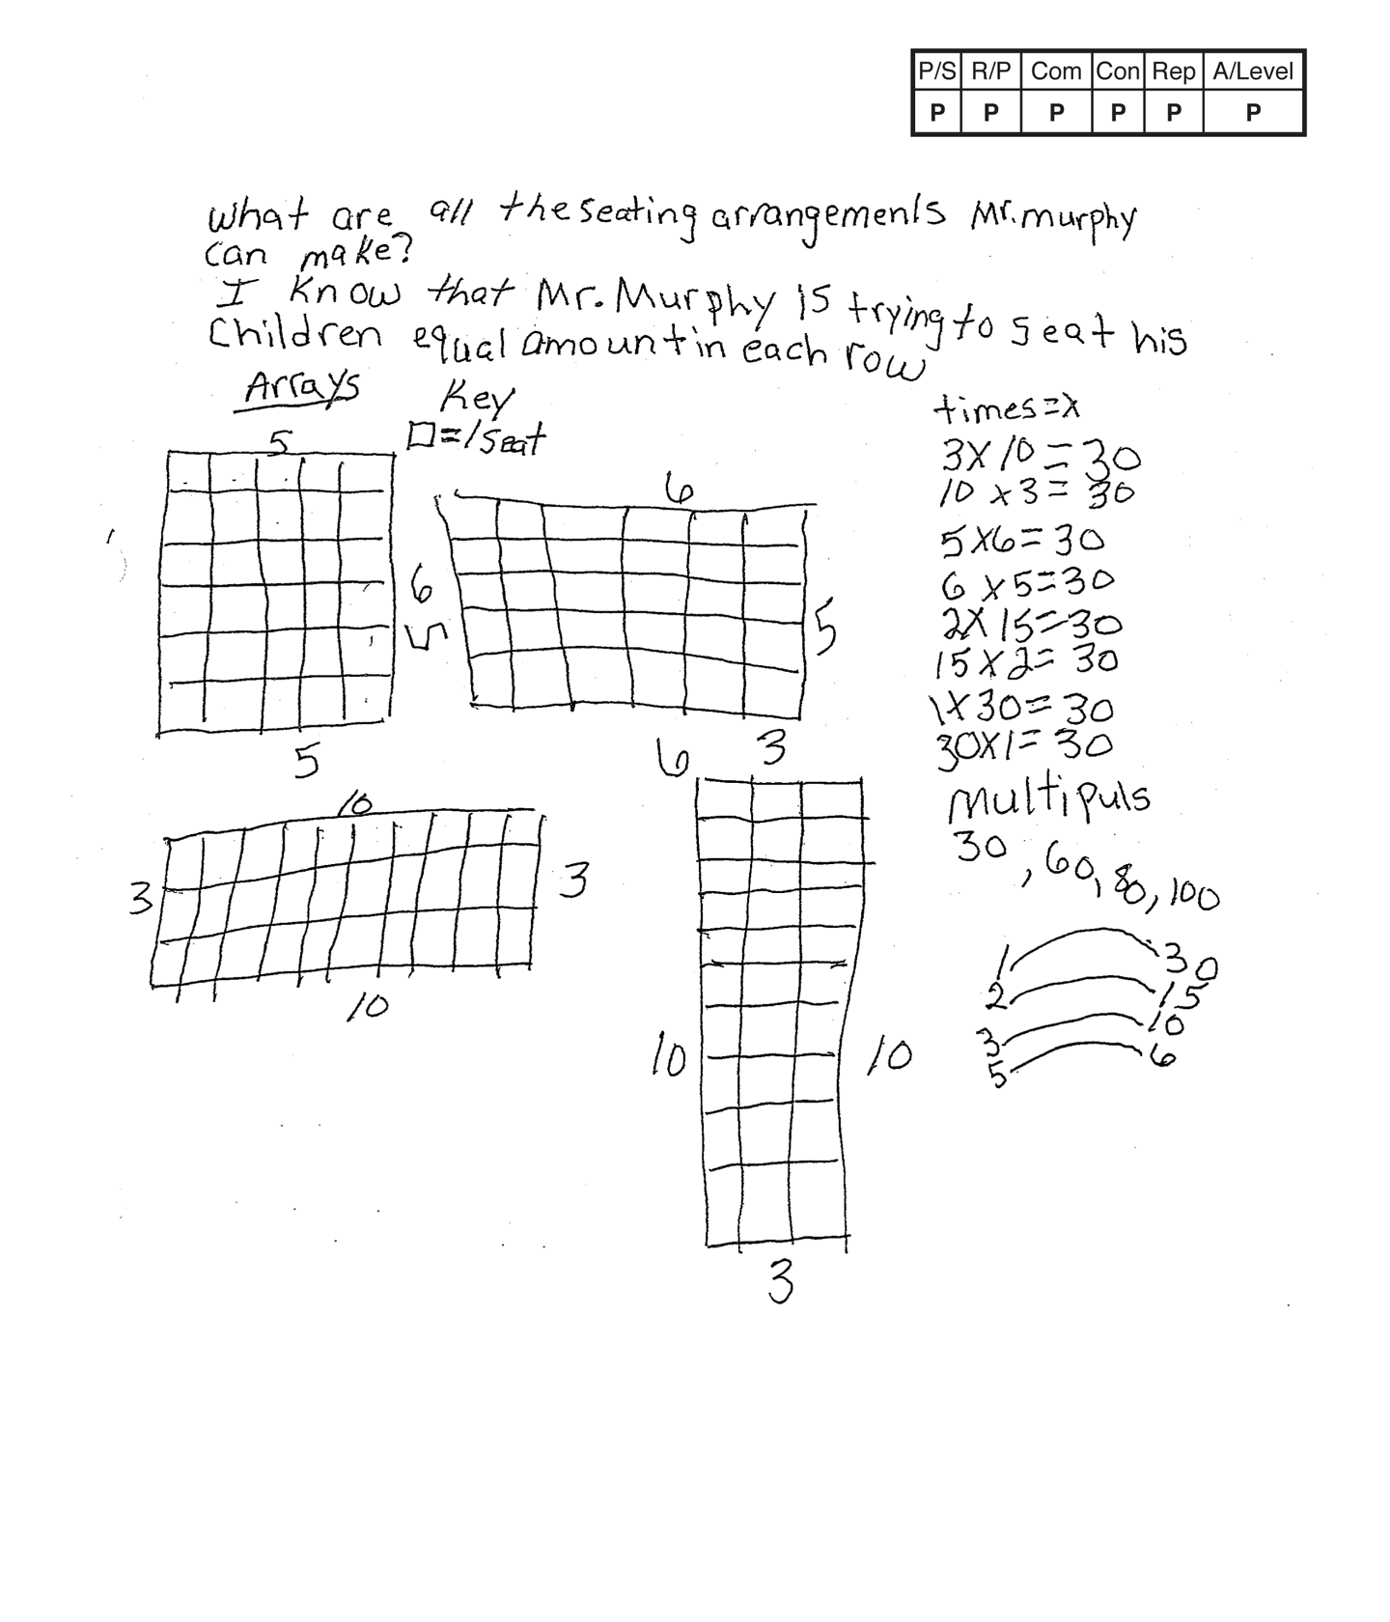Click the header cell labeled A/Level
1253,71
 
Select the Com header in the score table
1055,71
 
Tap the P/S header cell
936,71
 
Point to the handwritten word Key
477,397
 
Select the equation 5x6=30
1021,541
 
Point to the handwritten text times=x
1006,409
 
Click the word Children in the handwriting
294,335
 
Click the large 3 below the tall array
780,1283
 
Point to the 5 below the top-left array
306,763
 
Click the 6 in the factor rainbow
1164,1058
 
